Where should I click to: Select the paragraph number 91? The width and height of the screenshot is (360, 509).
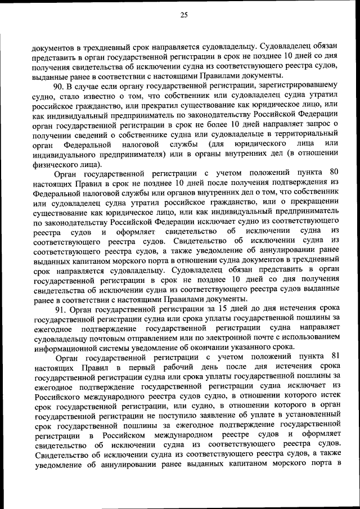point(62,309)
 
